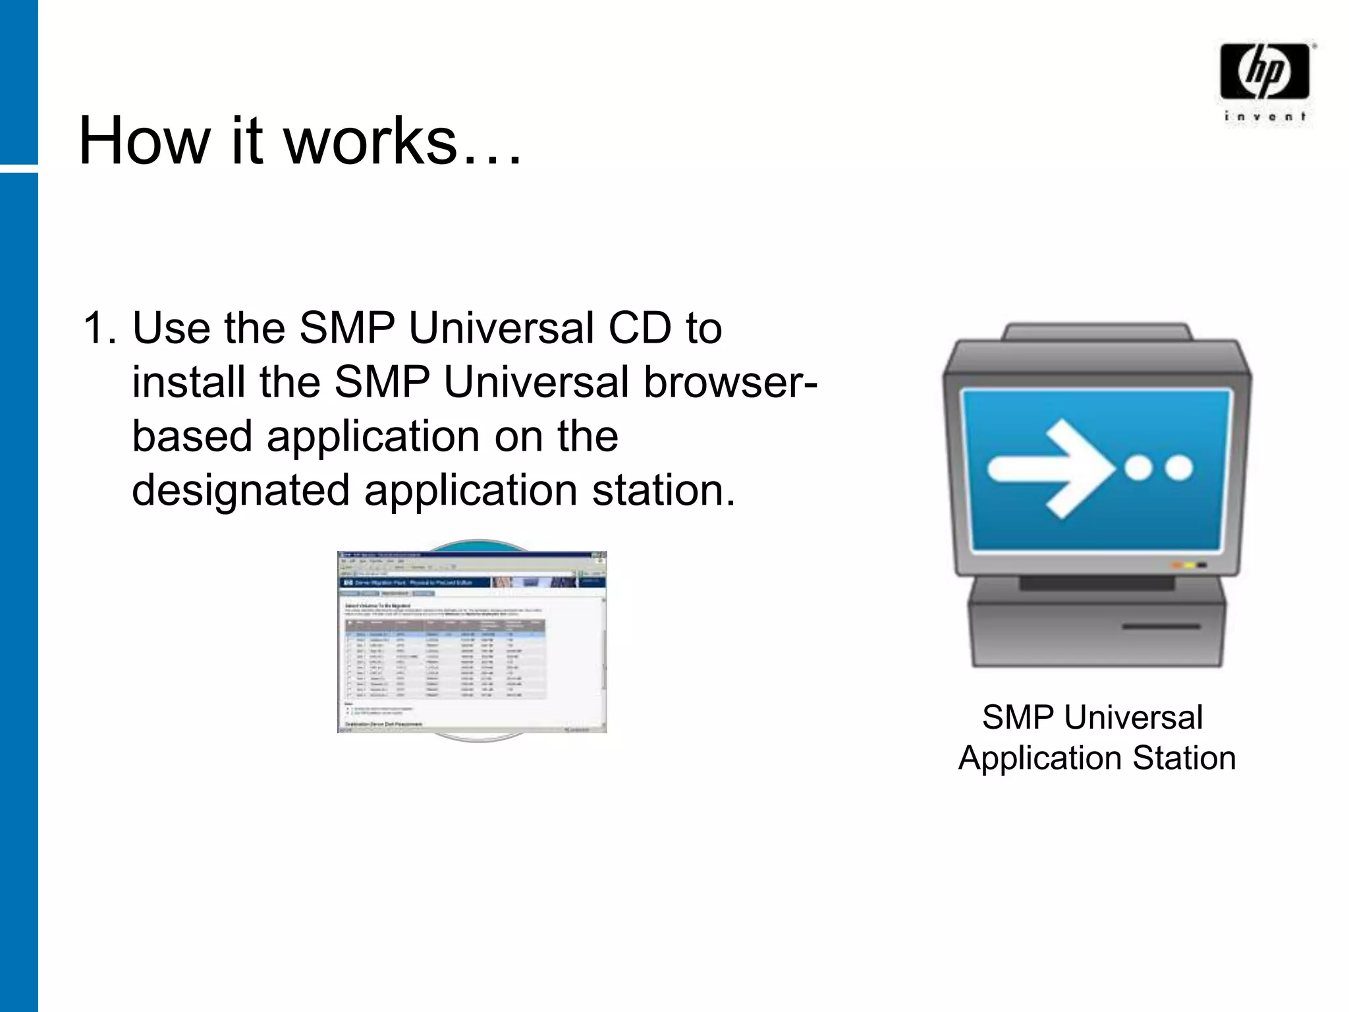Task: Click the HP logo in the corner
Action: point(1264,71)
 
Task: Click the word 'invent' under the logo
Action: point(1264,117)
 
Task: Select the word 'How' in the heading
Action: point(142,140)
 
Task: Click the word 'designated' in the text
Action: point(240,490)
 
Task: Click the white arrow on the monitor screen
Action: point(1051,468)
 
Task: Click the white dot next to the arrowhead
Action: point(1138,468)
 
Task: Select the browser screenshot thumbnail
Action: point(472,642)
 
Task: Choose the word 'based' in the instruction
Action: point(192,436)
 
